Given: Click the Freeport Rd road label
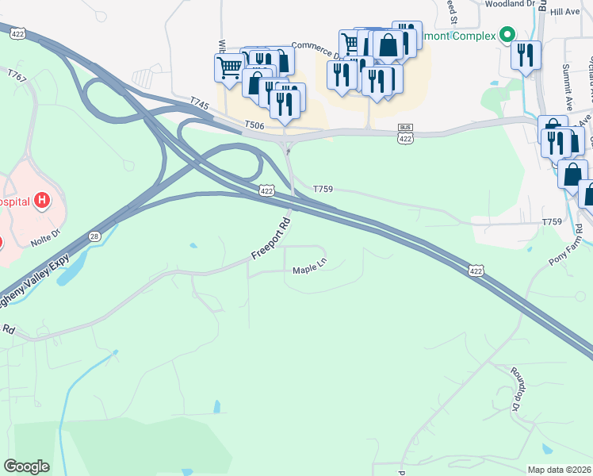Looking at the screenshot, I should click(x=273, y=236).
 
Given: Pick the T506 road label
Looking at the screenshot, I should click(x=254, y=125).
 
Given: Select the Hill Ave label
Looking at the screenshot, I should click(x=565, y=12).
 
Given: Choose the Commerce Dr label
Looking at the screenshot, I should click(x=315, y=49).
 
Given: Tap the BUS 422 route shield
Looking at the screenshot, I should click(x=405, y=135).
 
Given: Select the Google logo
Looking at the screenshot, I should click(x=26, y=466).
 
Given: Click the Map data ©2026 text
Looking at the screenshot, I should click(x=559, y=470).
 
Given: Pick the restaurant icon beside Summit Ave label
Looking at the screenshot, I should click(x=526, y=55).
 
